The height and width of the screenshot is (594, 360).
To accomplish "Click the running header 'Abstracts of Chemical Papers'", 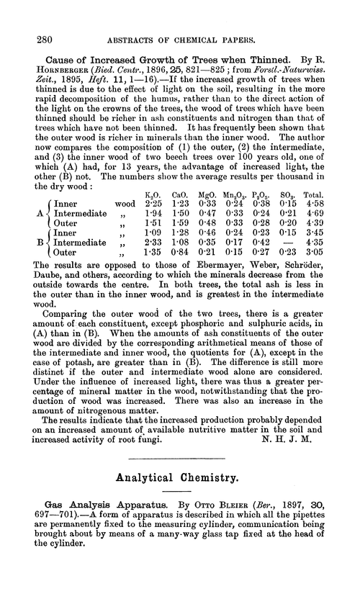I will (x=190, y=19).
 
